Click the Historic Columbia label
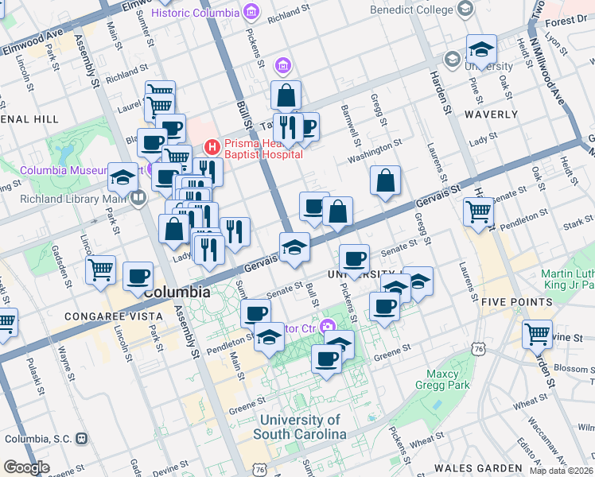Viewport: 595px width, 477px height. point(194,13)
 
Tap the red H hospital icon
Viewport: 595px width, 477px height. point(212,146)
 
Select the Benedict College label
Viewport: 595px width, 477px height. point(410,10)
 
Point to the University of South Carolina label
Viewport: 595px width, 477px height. point(300,428)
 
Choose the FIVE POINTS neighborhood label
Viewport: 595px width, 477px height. point(516,302)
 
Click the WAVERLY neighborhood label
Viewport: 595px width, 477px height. point(491,114)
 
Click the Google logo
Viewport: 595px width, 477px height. point(26,467)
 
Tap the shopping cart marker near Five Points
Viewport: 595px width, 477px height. point(538,334)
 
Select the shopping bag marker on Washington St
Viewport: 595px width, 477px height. point(385,181)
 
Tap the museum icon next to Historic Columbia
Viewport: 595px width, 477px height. point(251,13)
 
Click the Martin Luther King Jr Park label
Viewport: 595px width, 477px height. point(567,278)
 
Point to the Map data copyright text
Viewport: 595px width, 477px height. point(562,471)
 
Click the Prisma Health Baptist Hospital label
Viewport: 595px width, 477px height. point(262,149)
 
